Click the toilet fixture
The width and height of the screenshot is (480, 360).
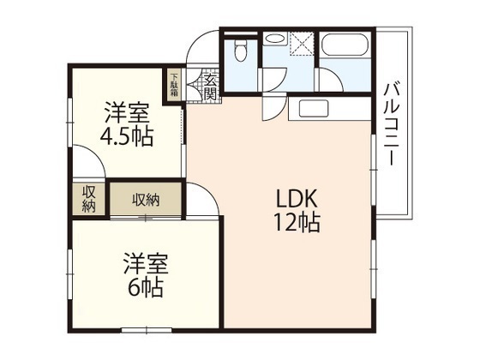tap(241, 51)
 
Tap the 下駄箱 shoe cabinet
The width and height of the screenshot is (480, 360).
tap(174, 87)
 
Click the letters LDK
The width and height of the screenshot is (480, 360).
tap(294, 198)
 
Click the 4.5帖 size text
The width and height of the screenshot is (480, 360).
tap(126, 137)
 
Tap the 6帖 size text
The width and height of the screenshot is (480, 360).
tap(142, 286)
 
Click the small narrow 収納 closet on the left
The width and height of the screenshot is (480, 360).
tap(89, 199)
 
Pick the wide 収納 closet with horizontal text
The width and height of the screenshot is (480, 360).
tap(145, 200)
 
